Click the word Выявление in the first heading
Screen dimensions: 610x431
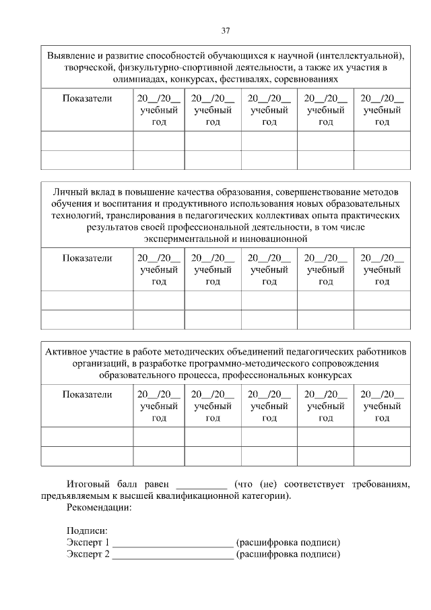point(73,55)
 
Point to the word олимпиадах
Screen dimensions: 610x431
point(140,80)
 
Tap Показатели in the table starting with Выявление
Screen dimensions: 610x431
point(87,98)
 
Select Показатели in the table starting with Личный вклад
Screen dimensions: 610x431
point(87,257)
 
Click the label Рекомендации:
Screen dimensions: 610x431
point(99,508)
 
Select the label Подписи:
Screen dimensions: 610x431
point(87,531)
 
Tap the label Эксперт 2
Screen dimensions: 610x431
point(88,555)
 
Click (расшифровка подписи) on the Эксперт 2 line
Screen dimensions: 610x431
point(288,555)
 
